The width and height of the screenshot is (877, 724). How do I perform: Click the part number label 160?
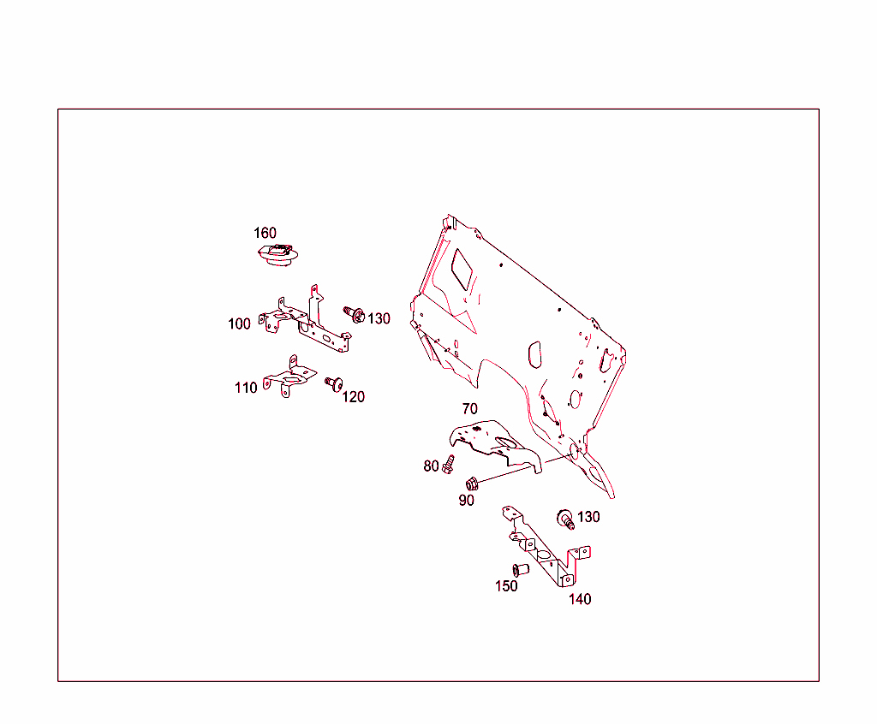point(265,233)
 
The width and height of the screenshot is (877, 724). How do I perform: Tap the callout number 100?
point(240,323)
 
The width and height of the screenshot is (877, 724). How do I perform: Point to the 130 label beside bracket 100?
point(379,318)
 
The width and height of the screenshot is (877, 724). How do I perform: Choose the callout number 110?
point(246,388)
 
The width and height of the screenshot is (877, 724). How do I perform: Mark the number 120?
point(353,397)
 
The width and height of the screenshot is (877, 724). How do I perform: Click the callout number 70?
point(469,409)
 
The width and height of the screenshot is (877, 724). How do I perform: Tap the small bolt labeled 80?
point(448,465)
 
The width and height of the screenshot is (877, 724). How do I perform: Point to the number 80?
point(431,466)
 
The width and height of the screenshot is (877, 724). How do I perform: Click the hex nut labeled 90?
point(472,484)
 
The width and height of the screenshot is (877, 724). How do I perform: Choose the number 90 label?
point(466,501)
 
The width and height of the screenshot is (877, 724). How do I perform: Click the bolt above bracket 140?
point(565,518)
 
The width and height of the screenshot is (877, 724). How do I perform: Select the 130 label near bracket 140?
point(588,517)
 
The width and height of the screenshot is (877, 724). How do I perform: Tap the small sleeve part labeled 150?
point(520,570)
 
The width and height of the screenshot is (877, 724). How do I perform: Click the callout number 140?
point(580,599)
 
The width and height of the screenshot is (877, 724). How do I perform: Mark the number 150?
point(506,586)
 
